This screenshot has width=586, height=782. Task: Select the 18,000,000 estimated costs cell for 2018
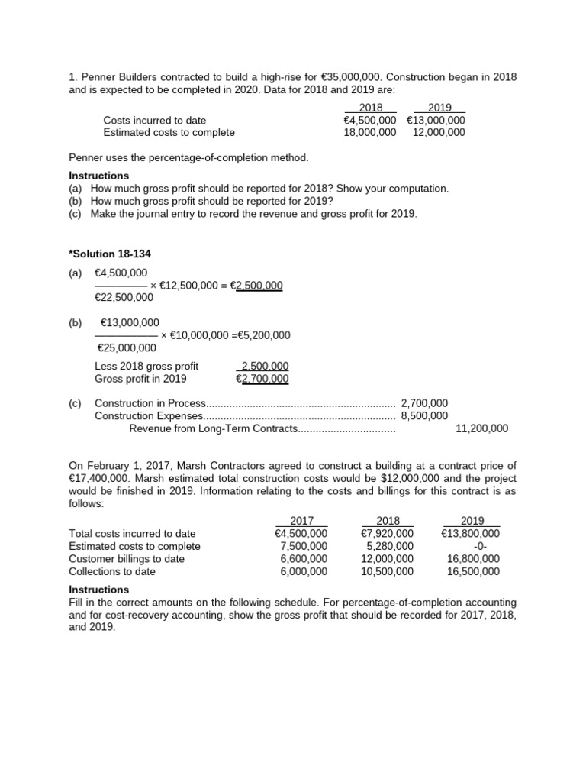(x=370, y=132)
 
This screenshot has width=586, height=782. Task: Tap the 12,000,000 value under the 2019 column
(x=439, y=132)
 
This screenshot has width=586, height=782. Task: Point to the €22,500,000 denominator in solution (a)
(x=124, y=298)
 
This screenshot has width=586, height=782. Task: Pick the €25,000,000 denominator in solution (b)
(x=127, y=347)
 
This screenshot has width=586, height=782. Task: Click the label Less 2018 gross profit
(x=146, y=367)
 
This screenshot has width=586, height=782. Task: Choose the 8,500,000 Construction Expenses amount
(x=424, y=416)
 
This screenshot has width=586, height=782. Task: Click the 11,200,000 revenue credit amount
(x=481, y=429)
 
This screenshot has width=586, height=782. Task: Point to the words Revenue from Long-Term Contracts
(x=213, y=429)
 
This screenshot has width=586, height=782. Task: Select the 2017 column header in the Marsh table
(x=302, y=521)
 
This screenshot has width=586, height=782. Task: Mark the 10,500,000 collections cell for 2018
(x=388, y=571)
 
